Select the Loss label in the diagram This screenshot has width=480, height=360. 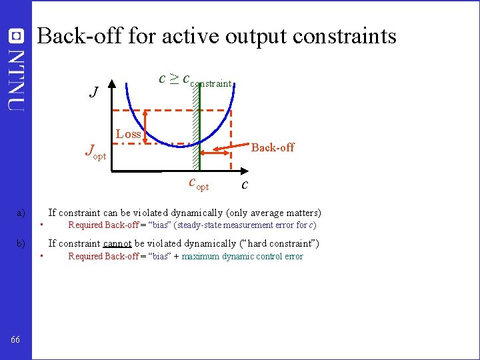(129, 134)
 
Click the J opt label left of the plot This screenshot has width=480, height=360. (95, 152)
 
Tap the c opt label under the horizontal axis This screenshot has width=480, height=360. (199, 183)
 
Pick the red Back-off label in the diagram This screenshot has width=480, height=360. (272, 147)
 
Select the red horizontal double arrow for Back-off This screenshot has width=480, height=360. (217, 154)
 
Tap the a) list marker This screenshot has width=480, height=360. (21, 213)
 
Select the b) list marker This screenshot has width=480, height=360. (21, 244)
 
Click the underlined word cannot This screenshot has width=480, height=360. (117, 244)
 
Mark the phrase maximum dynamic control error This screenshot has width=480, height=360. (242, 257)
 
